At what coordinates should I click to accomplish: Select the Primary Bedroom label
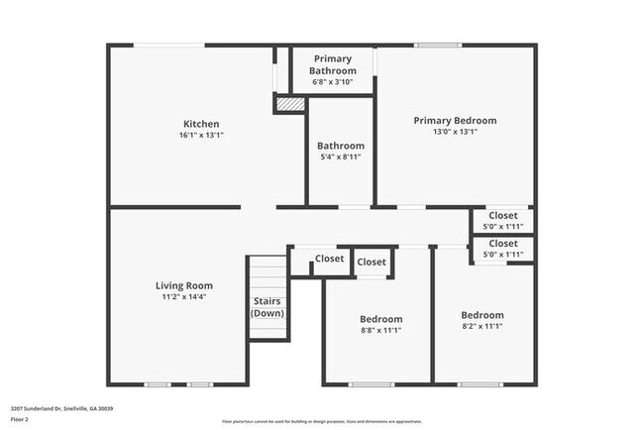455,120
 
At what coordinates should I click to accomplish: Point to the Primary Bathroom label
332,64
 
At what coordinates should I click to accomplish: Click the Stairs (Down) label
267,307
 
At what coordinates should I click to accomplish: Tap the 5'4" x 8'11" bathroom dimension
341,157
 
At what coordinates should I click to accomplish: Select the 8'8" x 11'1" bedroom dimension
380,331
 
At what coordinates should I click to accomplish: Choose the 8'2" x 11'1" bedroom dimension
483,326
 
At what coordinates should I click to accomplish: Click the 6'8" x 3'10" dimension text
332,82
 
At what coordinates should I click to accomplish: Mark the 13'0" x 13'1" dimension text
455,131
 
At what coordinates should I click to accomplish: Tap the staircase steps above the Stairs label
267,274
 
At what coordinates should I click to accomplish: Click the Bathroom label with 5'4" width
341,146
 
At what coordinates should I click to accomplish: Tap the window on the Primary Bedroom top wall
437,46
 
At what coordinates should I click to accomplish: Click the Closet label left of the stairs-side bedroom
329,259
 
